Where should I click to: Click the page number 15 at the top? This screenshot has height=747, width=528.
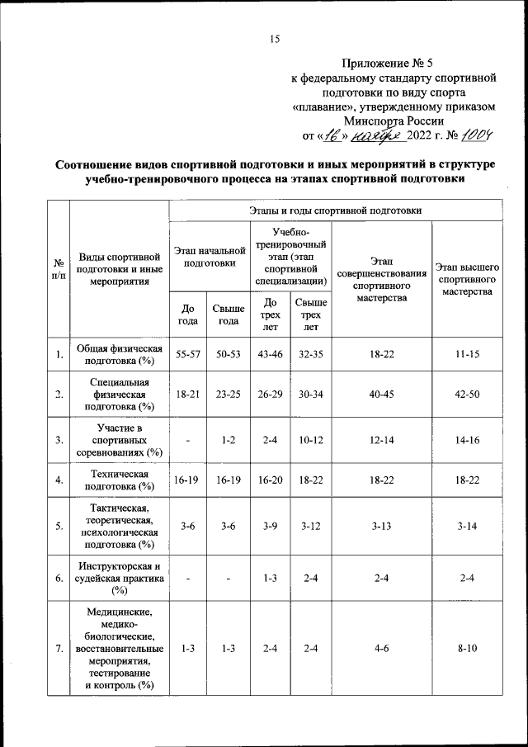[x=276, y=38]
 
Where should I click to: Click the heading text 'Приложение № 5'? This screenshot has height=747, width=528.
[x=386, y=63]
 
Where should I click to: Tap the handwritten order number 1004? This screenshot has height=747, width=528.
[x=478, y=135]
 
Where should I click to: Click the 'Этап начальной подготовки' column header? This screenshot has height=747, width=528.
[x=210, y=256]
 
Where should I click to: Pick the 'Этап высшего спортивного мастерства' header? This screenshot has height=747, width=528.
[x=467, y=280]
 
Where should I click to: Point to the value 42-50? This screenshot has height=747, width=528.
[x=467, y=395]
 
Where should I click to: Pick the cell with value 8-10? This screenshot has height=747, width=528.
[x=467, y=650]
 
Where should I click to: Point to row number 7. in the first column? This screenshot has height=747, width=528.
[x=59, y=650]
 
